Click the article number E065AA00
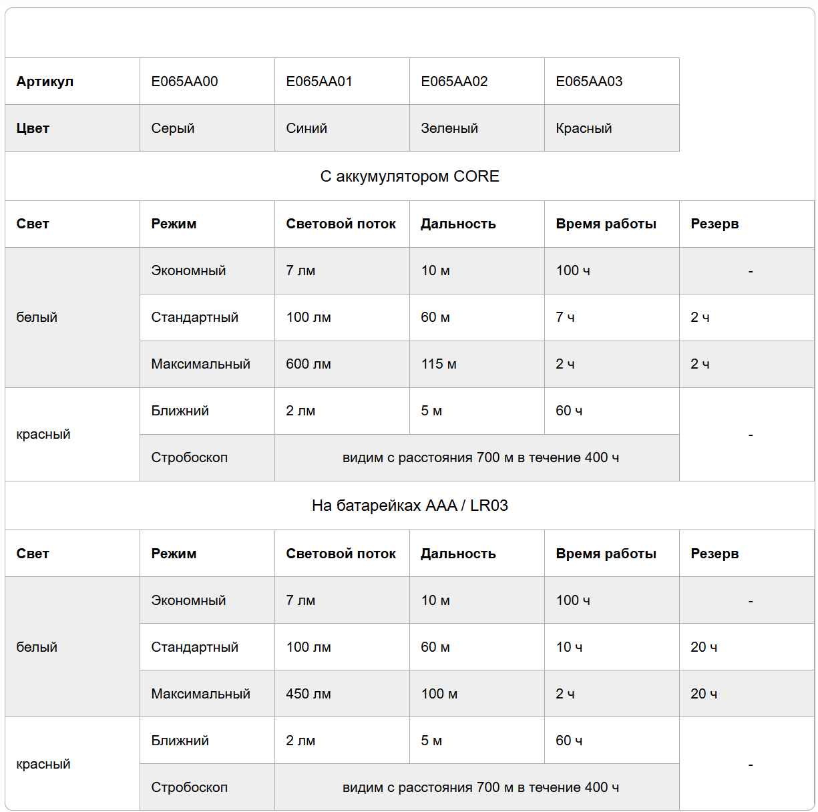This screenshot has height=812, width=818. tap(184, 81)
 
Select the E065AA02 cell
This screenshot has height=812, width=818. tap(454, 81)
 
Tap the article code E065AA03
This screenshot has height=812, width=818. tap(589, 81)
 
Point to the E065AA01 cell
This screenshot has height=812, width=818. tap(319, 81)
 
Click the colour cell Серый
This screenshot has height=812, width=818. tap(173, 128)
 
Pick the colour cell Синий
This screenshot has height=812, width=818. tap(306, 128)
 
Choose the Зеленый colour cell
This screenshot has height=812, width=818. tap(449, 128)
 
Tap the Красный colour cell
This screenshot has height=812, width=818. tap(584, 128)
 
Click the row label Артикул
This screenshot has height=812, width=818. tap(45, 81)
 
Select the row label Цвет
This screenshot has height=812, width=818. tap(33, 128)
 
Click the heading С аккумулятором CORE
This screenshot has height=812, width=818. tap(409, 176)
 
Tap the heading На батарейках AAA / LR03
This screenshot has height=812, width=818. tap(409, 505)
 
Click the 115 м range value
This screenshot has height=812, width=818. tap(439, 364)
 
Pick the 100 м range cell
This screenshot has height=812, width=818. tap(439, 694)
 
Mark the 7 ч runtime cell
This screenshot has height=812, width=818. tap(565, 317)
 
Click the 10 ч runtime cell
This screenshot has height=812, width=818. tap(569, 647)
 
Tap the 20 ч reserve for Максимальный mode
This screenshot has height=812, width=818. tap(704, 694)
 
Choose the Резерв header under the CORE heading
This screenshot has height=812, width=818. tap(714, 224)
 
